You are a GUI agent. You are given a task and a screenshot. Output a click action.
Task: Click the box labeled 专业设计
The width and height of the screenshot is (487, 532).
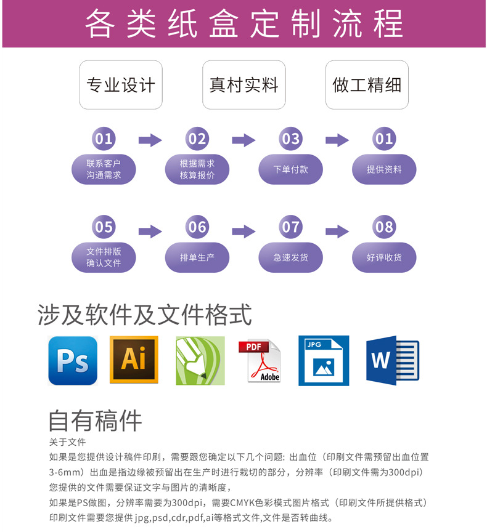pos(121,85)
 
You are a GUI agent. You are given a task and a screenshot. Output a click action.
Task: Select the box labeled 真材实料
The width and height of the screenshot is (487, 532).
pos(244,85)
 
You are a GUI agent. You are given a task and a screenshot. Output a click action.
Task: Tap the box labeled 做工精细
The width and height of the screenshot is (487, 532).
pos(367,85)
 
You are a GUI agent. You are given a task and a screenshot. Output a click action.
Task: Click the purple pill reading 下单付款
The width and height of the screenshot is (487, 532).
pos(290,169)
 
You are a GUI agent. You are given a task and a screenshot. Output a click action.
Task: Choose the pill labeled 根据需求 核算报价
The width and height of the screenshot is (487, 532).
pos(197,169)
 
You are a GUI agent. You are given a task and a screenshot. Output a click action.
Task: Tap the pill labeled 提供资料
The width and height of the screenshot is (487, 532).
pos(384,169)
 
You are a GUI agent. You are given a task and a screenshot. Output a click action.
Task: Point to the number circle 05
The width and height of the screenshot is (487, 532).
pos(104,227)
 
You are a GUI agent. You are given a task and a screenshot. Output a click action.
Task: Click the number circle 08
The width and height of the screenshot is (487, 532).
pos(384,227)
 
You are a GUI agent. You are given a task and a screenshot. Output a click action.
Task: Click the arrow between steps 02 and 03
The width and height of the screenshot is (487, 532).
pos(243,140)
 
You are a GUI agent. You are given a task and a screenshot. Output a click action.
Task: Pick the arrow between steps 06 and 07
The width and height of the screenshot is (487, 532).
pos(243,231)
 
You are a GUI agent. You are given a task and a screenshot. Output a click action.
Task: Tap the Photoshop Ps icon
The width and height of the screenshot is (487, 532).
pos(73,361)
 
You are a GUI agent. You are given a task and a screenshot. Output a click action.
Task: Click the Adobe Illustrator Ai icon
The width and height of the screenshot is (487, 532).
pos(134,361)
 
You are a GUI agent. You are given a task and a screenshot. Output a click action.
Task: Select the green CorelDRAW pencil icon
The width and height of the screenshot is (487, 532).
pos(200,361)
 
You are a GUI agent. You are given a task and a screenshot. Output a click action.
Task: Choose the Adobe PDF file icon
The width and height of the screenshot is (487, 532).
pos(260,361)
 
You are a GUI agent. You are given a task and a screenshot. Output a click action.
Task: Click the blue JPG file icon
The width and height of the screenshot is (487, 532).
pos(324,361)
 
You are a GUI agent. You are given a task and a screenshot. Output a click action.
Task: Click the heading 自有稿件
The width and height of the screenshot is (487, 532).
pos(96,421)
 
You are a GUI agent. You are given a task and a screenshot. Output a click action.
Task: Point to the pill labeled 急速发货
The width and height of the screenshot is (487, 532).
pos(290,257)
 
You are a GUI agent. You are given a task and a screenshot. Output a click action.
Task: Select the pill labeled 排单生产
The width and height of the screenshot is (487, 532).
pos(197,257)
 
